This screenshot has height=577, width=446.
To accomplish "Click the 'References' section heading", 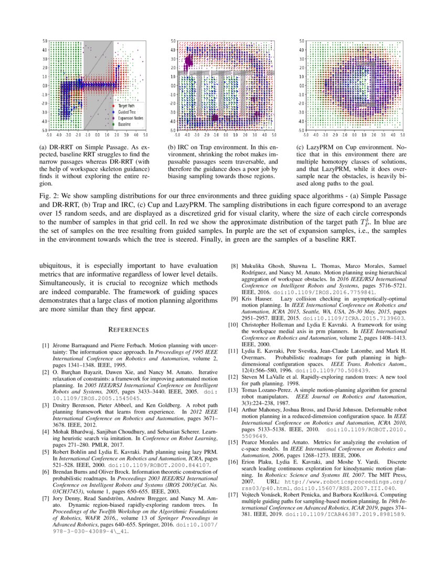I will (x=129, y=329).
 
